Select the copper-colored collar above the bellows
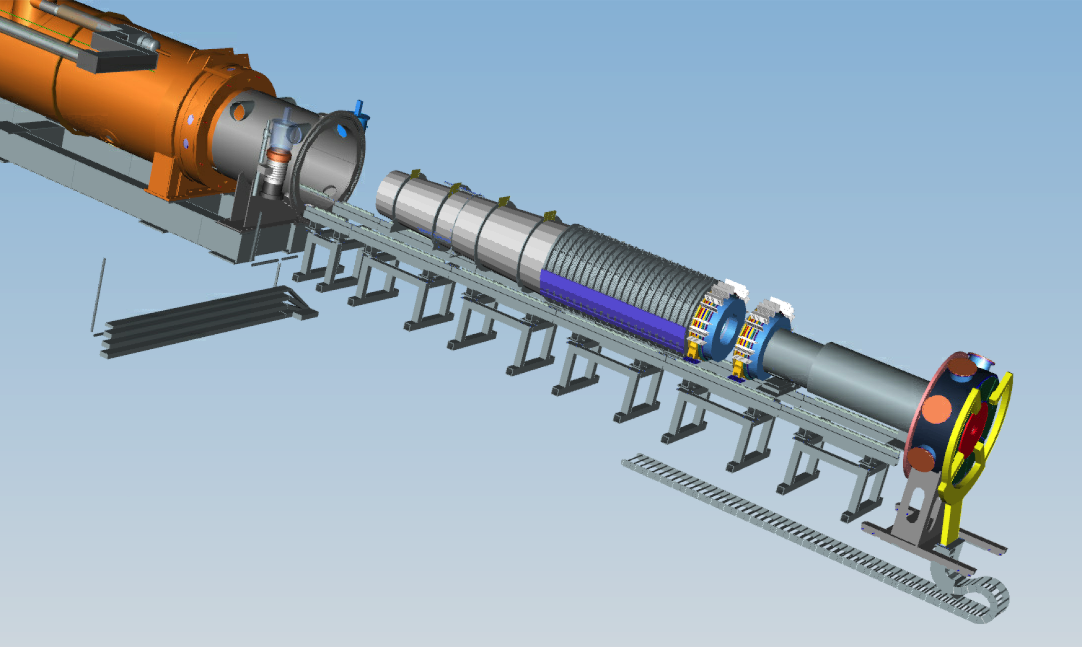pyautogui.click(x=278, y=155)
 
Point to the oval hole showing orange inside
pyautogui.click(x=239, y=112)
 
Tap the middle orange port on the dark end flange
pyautogui.click(x=937, y=410)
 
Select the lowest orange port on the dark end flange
pyautogui.click(x=919, y=460)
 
